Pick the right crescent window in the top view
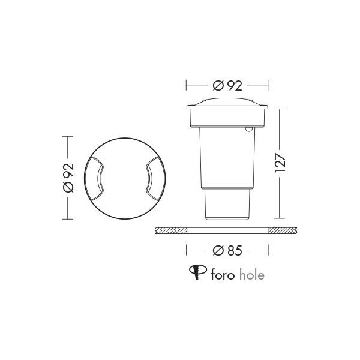coord(151,178)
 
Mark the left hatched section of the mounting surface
coord(172,230)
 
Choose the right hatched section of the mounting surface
coord(282,230)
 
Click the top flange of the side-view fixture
coord(227,108)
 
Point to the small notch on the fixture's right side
coord(248,128)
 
